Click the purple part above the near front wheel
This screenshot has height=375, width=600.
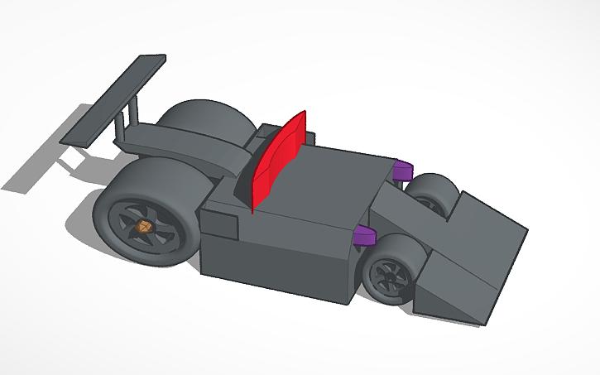[364, 236]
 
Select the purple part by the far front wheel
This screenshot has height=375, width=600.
[403, 171]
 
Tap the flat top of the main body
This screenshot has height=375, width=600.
[331, 186]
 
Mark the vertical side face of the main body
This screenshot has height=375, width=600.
[273, 257]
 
